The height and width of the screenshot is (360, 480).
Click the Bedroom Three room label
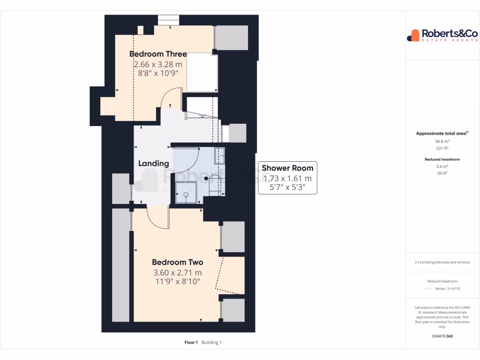pyautogui.click(x=158, y=54)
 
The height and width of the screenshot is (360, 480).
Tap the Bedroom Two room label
pyautogui.click(x=177, y=262)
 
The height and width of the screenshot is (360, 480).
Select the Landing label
pyautogui.click(x=153, y=164)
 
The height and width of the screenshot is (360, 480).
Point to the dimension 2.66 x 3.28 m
pyautogui.click(x=158, y=64)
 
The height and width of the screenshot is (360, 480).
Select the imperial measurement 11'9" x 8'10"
pyautogui.click(x=177, y=281)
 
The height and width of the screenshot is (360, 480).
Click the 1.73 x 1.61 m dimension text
pyautogui.click(x=287, y=179)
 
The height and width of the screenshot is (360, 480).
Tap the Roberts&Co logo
pyautogui.click(x=435, y=35)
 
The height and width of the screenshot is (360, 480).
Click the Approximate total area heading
pyautogui.click(x=442, y=134)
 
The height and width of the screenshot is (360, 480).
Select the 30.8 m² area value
pyautogui.click(x=442, y=141)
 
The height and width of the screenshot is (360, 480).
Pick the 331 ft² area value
pyautogui.click(x=442, y=148)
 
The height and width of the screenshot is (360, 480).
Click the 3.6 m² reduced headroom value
pyautogui.click(x=442, y=166)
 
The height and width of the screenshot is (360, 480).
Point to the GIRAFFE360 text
pyautogui.click(x=442, y=336)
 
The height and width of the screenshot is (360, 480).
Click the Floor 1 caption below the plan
pyautogui.click(x=191, y=343)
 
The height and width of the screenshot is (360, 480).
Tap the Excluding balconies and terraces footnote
pyautogui.click(x=442, y=262)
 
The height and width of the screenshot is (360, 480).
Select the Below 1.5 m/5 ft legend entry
pyautogui.click(x=448, y=289)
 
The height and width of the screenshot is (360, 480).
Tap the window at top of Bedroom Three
pyautogui.click(x=168, y=21)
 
